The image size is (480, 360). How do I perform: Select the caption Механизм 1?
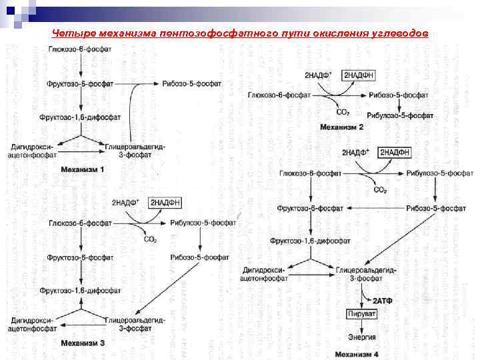point(83,169)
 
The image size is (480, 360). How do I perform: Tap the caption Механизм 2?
point(342,127)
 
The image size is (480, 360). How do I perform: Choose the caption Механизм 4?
point(357,354)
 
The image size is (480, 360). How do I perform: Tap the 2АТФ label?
point(383,301)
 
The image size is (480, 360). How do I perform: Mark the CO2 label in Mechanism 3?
point(151,239)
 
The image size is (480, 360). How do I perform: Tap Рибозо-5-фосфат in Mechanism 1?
point(191,83)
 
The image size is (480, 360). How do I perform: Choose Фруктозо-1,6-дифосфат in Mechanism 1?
point(80,117)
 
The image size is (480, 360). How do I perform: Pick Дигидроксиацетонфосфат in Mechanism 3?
point(31,324)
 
